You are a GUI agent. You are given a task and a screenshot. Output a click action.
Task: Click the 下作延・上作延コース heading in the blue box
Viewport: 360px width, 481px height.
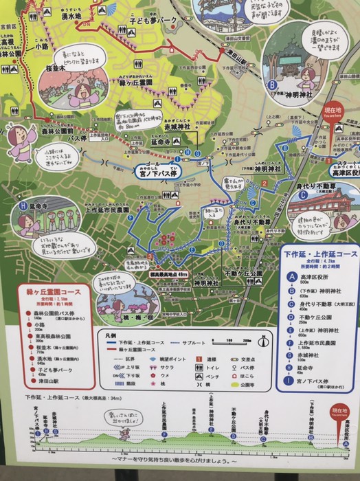pyautogui.click(x=320, y=254)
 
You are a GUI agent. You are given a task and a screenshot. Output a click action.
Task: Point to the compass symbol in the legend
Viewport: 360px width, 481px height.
pyautogui.click(x=263, y=339)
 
